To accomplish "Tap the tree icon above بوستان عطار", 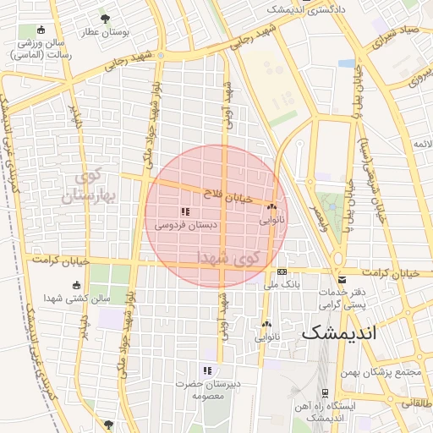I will pos(105,18).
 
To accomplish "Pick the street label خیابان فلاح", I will pos(222,195).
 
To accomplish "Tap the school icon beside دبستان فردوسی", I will pos(185,211).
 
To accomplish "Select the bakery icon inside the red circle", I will pos(271,206).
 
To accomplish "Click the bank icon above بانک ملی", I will pos(282,271).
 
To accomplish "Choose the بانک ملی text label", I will pos(282,285).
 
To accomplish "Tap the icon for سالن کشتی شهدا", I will pos(77,284).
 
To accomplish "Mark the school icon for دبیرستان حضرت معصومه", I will pos(206,370).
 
